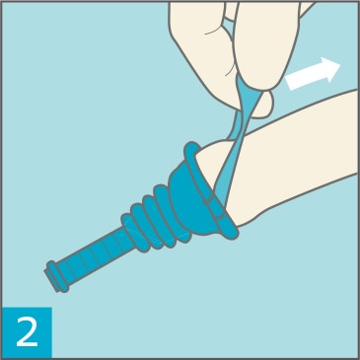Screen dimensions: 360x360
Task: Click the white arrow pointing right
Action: tap(313, 74)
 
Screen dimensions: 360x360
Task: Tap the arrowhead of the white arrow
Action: tap(330, 68)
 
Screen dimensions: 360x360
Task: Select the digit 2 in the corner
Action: tap(28, 332)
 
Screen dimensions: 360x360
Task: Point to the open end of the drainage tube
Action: tap(48, 278)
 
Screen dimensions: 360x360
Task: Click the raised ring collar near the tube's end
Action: tap(58, 276)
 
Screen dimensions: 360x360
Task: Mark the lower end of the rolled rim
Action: tap(231, 231)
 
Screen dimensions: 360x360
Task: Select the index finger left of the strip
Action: tap(200, 49)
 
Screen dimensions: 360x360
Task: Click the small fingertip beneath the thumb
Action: tap(263, 105)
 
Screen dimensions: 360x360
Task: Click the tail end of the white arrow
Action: tap(289, 83)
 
